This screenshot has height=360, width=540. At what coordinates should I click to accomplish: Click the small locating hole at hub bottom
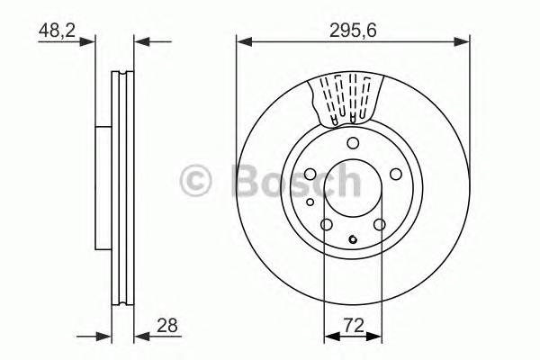point(354,239)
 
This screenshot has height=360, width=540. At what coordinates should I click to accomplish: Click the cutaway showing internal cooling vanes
point(348,99)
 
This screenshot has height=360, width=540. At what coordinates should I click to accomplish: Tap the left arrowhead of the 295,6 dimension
point(242,40)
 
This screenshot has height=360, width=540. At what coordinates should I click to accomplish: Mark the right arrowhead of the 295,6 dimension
point(464,40)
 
